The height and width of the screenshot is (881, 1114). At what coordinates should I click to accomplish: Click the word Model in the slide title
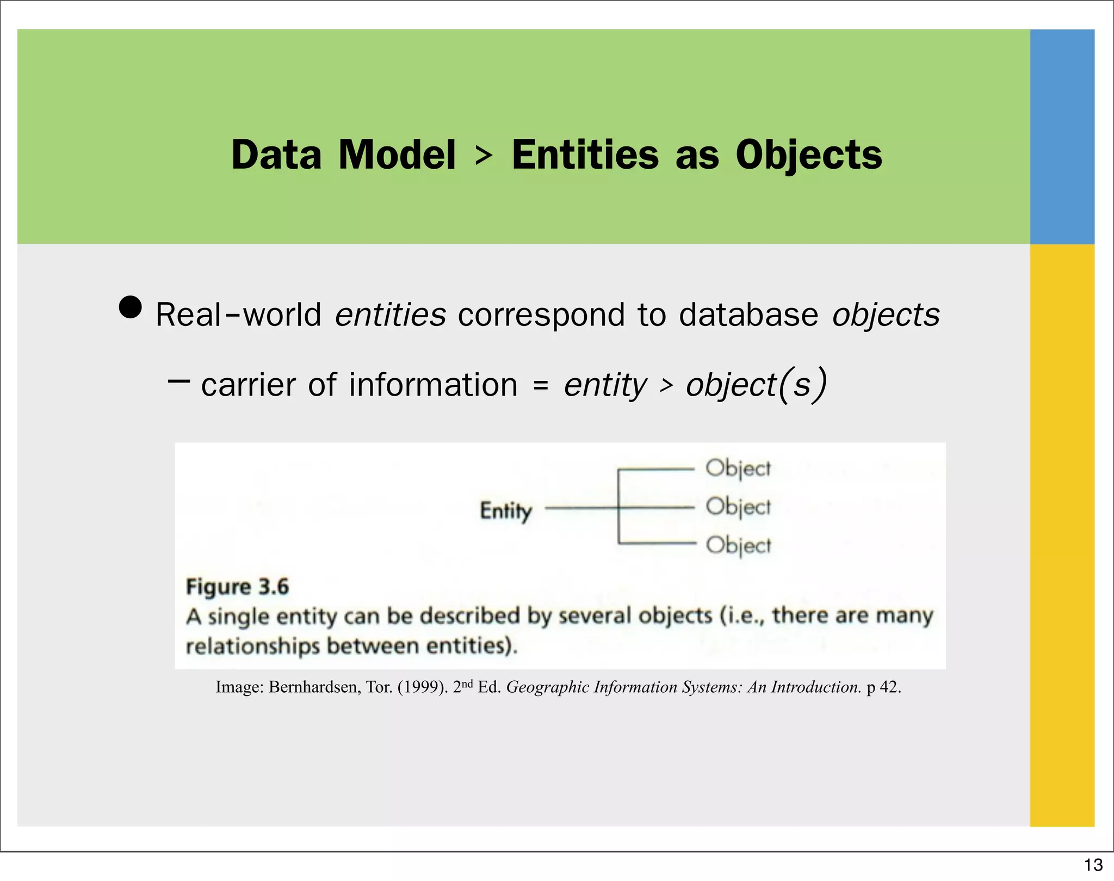pyautogui.click(x=397, y=155)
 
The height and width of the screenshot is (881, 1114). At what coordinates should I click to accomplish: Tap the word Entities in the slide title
pyautogui.click(x=585, y=155)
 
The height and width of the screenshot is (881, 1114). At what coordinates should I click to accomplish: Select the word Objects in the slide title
pyautogui.click(x=808, y=156)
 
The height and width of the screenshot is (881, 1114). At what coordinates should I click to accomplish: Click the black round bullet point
pyautogui.click(x=131, y=307)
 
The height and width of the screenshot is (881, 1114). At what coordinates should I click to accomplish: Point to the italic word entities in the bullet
pyautogui.click(x=390, y=315)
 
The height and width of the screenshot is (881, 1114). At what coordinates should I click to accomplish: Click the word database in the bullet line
pyautogui.click(x=748, y=315)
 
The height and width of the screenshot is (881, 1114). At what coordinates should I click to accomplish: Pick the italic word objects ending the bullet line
pyautogui.click(x=886, y=316)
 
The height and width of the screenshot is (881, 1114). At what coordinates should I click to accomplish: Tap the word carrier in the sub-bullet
pyautogui.click(x=248, y=385)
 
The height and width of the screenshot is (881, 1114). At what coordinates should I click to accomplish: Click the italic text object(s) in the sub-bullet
pyautogui.click(x=756, y=385)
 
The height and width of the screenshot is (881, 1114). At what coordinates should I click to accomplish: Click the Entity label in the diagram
pyautogui.click(x=505, y=511)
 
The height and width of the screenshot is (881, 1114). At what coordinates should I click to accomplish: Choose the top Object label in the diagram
pyautogui.click(x=738, y=469)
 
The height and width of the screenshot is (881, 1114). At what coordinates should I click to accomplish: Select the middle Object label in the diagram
pyautogui.click(x=738, y=507)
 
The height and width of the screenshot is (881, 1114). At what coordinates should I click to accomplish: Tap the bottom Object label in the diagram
pyautogui.click(x=738, y=545)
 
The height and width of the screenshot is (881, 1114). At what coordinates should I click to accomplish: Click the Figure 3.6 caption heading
pyautogui.click(x=237, y=587)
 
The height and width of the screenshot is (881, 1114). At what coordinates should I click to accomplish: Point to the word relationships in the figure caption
pyautogui.click(x=252, y=646)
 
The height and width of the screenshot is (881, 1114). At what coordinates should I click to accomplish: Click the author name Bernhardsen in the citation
pyautogui.click(x=313, y=687)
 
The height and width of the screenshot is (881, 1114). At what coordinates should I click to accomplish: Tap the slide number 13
pyautogui.click(x=1093, y=865)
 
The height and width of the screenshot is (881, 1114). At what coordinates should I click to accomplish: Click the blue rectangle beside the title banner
pyautogui.click(x=1062, y=136)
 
